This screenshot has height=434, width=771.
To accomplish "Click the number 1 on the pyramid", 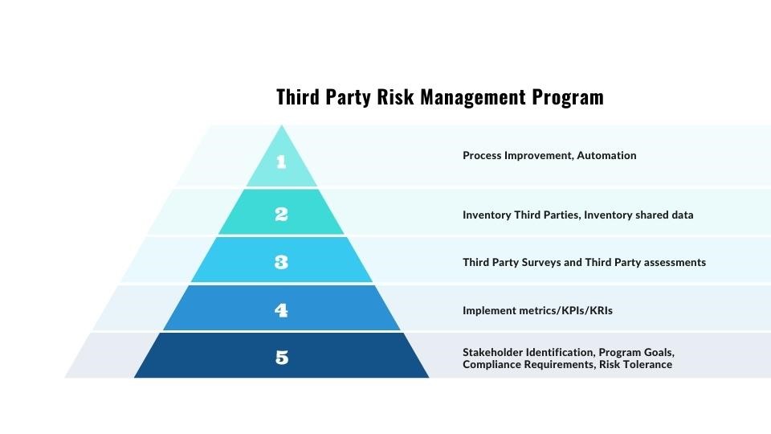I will (x=281, y=162).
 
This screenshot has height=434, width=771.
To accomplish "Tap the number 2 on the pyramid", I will (x=281, y=215).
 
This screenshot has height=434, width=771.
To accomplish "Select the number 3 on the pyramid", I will (x=281, y=262).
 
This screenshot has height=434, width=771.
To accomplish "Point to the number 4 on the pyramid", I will (x=281, y=309).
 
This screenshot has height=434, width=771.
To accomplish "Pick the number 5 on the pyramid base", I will (x=282, y=358).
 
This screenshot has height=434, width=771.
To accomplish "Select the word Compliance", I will (x=492, y=365).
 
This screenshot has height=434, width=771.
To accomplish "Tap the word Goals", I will (x=659, y=353).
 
